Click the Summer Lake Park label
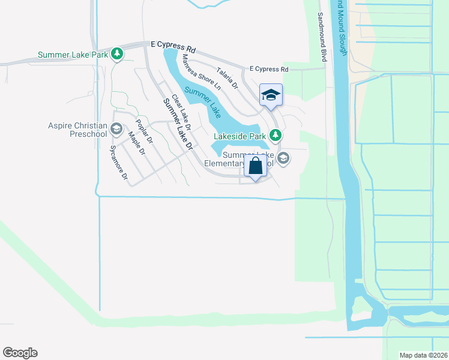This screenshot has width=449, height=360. tap(73, 55)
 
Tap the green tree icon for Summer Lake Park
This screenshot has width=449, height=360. tap(118, 55)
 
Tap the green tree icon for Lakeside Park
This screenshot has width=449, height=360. tap(275, 136)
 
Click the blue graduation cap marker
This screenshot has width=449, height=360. tap(271, 95)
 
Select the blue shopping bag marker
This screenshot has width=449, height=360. tap(255, 167)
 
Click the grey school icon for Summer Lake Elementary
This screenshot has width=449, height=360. tap(283, 158)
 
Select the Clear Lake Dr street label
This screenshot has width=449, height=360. tap(181, 112)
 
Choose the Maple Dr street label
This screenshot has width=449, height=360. tap(137, 143)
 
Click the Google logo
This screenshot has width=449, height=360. tap(20, 353)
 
